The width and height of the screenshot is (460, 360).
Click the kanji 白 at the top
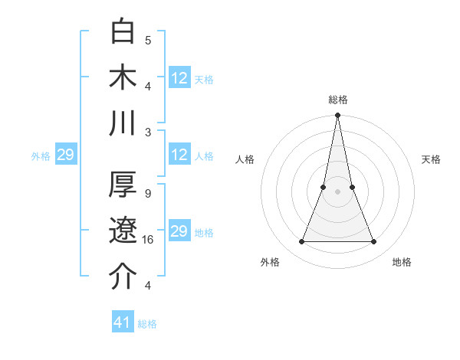(x=124, y=31)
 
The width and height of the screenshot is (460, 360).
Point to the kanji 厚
(x=124, y=185)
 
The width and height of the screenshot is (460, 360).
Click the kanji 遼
(x=124, y=231)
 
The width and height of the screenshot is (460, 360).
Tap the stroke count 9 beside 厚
(x=148, y=193)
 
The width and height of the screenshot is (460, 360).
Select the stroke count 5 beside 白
(x=148, y=40)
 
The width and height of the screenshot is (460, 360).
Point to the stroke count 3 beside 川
(x=148, y=132)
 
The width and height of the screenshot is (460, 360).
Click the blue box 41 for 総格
(x=123, y=322)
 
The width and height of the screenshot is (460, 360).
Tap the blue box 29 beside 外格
(x=65, y=155)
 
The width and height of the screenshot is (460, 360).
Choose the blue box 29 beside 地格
(x=179, y=231)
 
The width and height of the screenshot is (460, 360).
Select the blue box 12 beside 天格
(x=179, y=77)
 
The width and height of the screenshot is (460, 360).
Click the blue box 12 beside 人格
(x=179, y=155)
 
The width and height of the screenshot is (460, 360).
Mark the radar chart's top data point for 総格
(x=337, y=116)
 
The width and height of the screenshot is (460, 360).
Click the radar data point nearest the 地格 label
(x=374, y=242)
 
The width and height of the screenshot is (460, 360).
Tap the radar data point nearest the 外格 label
(x=301, y=242)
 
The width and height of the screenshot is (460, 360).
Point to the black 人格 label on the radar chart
(x=245, y=159)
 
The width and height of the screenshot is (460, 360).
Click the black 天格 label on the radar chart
(x=431, y=159)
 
